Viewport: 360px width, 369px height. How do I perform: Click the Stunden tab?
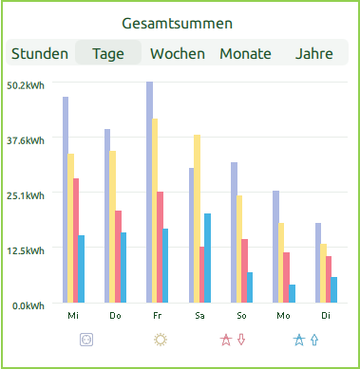tap(40, 54)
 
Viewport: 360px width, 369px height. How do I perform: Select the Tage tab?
tap(108, 54)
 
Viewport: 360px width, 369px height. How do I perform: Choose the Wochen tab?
tap(178, 54)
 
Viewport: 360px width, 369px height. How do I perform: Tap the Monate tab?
tap(245, 54)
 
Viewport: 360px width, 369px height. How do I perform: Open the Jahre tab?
tap(314, 54)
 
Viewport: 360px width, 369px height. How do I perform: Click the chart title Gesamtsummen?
tap(180, 23)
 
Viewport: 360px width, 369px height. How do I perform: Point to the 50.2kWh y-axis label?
tap(25, 85)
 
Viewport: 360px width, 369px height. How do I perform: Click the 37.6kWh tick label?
tap(25, 140)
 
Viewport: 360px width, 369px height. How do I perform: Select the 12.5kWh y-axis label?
tap(25, 251)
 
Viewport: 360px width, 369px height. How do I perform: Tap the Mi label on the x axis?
tap(73, 315)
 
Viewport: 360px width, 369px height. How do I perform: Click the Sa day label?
tap(199, 315)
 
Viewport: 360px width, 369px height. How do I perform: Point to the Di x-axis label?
tap(325, 315)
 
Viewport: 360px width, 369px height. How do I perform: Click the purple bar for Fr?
tap(150, 194)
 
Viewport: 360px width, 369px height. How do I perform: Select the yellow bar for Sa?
tap(197, 219)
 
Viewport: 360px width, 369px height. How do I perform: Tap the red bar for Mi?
tap(76, 241)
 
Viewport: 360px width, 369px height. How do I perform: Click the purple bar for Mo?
tap(275, 247)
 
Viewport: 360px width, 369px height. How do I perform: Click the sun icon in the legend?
tap(161, 339)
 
